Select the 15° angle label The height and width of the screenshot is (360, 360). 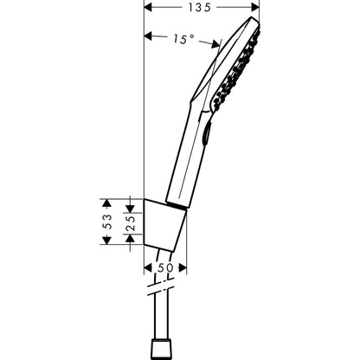pyautogui.click(x=184, y=39)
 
